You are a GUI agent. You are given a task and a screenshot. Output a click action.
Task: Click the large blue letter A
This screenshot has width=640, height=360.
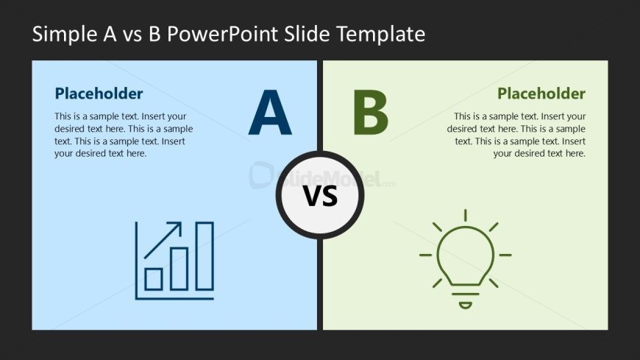click(x=270, y=113)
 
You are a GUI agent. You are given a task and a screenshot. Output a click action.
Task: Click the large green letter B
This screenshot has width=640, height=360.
click(x=370, y=113)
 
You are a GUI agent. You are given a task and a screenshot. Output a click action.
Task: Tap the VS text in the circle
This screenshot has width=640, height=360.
click(x=321, y=196)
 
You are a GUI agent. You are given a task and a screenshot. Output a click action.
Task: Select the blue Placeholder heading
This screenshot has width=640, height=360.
click(x=99, y=93)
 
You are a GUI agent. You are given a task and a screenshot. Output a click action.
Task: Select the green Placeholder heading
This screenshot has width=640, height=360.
click(x=541, y=93)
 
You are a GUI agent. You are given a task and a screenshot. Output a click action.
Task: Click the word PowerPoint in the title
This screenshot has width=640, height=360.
click(x=222, y=34)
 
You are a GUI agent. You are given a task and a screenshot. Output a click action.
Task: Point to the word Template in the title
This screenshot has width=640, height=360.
click(x=381, y=35)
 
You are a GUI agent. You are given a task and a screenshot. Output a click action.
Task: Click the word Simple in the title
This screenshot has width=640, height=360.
click(x=65, y=35)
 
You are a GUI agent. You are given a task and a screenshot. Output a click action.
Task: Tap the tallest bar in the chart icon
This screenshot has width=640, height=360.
click(x=205, y=256)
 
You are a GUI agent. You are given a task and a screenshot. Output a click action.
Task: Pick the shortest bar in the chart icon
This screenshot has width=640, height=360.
click(x=154, y=280)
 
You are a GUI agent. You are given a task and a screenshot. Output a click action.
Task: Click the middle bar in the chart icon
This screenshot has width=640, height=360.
click(x=179, y=269)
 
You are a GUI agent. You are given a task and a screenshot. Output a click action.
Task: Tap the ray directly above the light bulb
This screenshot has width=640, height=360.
click(x=466, y=216)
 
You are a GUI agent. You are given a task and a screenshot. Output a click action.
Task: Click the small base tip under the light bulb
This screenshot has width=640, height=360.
click(x=466, y=306)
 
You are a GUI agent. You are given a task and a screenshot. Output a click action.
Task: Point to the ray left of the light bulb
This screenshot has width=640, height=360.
click(x=426, y=255)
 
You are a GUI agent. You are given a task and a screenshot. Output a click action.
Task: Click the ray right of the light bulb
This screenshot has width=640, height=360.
click(x=505, y=255)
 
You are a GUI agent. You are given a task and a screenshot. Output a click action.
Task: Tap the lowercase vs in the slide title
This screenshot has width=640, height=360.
click(x=132, y=36)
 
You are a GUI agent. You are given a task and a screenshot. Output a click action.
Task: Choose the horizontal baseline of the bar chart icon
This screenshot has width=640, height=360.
click(x=174, y=299)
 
